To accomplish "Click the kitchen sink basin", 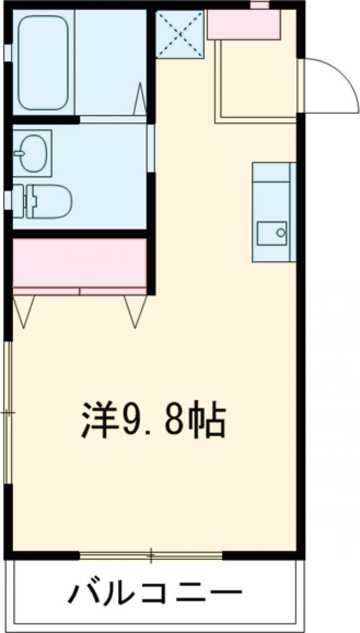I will [271, 233].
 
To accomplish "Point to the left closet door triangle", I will [24, 312].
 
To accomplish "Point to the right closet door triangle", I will [135, 312].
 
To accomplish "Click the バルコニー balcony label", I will [156, 596].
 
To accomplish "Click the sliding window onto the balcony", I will [151, 555].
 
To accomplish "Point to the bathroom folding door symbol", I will [139, 99].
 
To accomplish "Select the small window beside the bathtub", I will [7, 52].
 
